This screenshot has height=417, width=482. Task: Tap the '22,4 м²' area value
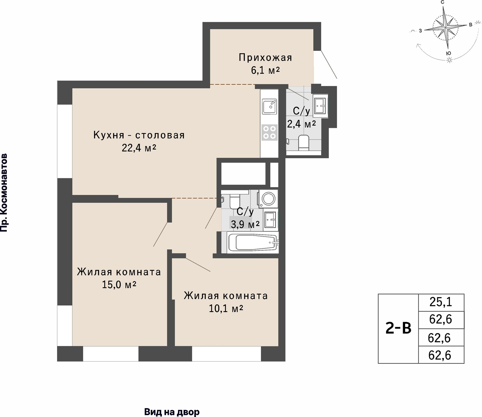tap(139, 148)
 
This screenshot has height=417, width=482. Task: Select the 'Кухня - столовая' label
tap(139, 135)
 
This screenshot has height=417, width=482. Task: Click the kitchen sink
tap(269, 106)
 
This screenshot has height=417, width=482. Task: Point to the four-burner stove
tap(270, 132)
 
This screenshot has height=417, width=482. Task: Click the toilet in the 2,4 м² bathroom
tap(303, 143)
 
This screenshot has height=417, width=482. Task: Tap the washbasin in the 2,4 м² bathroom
tap(320, 106)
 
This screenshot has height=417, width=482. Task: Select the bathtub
tap(253, 242)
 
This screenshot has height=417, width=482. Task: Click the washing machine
tap(268, 199)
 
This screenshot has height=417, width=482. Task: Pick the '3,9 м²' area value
tap(245, 224)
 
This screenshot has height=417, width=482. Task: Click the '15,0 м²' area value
tap(119, 285)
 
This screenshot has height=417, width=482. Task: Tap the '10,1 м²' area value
tap(226, 309)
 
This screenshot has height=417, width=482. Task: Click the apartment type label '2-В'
tap(398, 328)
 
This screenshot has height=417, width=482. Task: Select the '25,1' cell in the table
tap(441, 302)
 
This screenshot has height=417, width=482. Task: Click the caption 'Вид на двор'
tap(172, 412)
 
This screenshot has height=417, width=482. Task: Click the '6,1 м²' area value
tap(265, 70)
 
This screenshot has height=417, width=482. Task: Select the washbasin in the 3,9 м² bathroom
tap(270, 220)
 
